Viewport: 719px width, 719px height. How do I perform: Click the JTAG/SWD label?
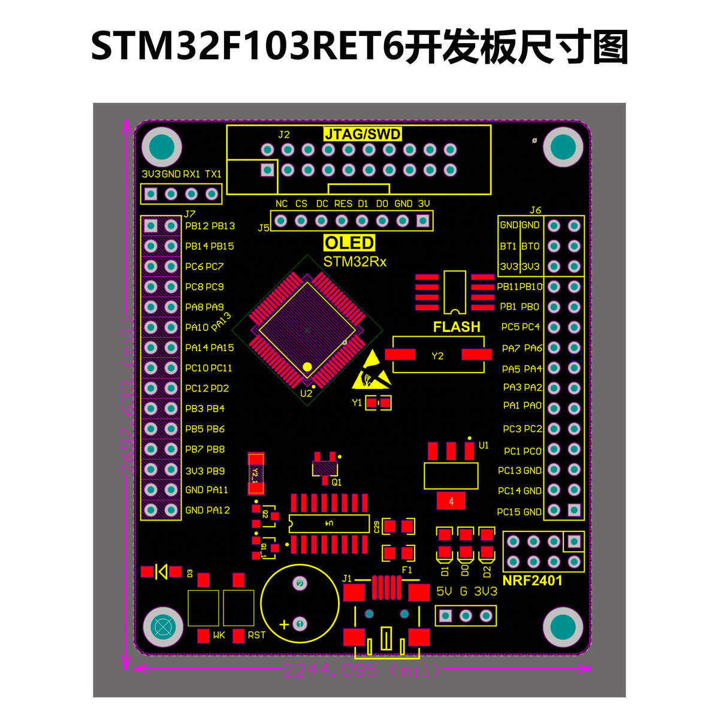click(362, 134)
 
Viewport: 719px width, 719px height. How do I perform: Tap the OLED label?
click(349, 243)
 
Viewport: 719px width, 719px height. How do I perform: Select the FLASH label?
click(457, 327)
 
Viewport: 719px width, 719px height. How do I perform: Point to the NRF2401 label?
click(532, 580)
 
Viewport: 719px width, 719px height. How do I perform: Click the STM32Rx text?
click(355, 262)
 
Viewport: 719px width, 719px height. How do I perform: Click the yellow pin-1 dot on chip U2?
click(307, 366)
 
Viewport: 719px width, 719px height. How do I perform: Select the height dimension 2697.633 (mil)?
click(127, 395)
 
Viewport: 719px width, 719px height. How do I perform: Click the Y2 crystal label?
click(437, 356)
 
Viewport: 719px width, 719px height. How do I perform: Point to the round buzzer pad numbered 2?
click(300, 583)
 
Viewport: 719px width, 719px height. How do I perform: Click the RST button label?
click(256, 635)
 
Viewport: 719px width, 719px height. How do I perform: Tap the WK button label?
click(219, 635)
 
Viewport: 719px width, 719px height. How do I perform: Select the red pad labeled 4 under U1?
click(451, 501)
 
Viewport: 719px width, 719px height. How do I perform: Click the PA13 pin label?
click(221, 322)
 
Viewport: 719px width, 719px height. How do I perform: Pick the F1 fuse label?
click(407, 570)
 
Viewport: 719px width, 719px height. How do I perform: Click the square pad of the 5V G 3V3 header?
click(445, 615)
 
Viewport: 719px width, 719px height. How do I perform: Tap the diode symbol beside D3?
click(161, 572)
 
